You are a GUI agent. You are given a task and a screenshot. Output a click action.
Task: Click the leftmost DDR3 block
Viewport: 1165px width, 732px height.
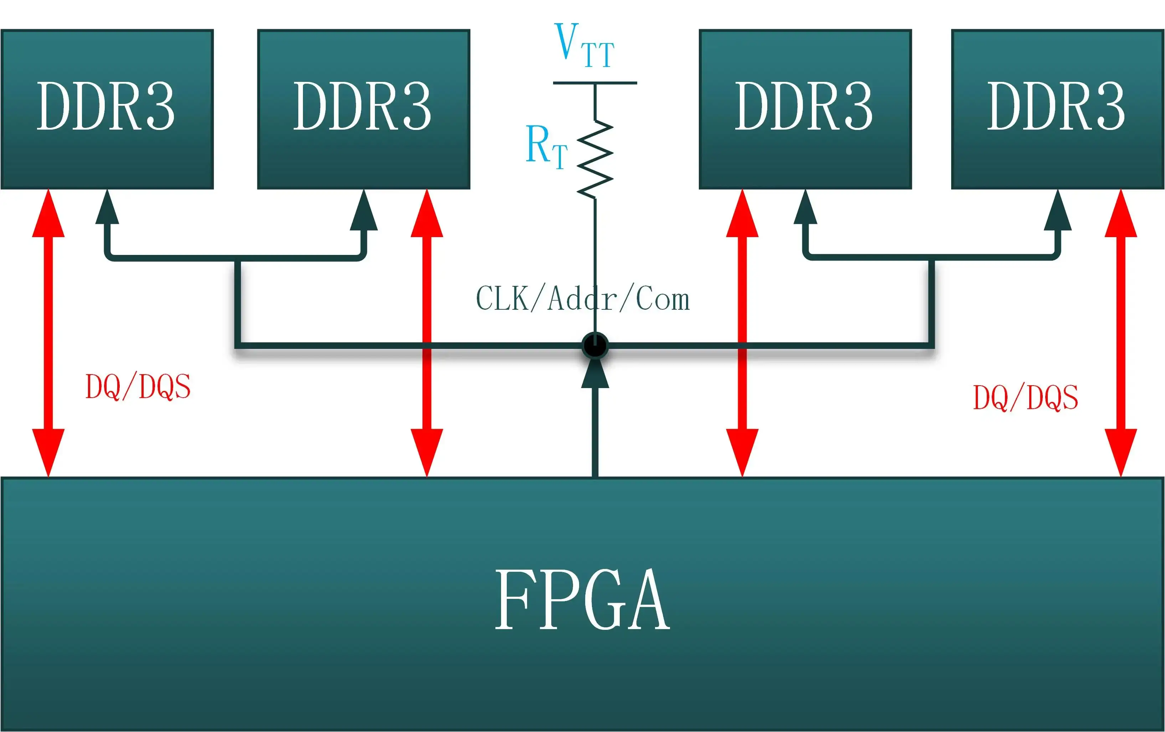(107, 109)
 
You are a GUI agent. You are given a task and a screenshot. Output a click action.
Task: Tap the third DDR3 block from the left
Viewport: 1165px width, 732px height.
(805, 109)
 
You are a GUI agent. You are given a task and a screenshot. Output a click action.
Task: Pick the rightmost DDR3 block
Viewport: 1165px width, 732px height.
(1057, 109)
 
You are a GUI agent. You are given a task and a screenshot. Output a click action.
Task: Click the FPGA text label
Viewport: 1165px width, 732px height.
(582, 600)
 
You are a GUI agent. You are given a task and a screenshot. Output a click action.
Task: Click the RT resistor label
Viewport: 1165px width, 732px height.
(546, 146)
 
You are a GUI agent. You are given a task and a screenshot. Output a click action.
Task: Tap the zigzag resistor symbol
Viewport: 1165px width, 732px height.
(595, 160)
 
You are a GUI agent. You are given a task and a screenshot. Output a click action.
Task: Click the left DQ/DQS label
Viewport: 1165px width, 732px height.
(138, 387)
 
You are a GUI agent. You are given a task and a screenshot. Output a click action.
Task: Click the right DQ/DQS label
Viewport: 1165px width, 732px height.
(1025, 397)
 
